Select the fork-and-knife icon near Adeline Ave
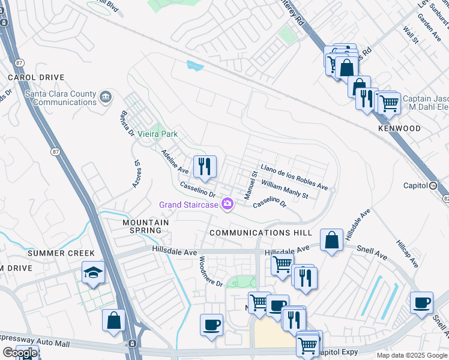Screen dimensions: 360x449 pyautogui.click(x=205, y=166)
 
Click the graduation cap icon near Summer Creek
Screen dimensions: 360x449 pyautogui.click(x=93, y=274)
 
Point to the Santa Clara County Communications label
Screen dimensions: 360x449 pyautogui.click(x=60, y=98)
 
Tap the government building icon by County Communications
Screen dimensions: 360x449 pyautogui.click(x=106, y=96)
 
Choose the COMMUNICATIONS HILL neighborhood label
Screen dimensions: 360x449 pyautogui.click(x=261, y=233)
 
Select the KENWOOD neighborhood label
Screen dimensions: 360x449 pyautogui.click(x=399, y=129)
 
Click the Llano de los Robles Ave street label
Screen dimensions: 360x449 pyautogui.click(x=294, y=177)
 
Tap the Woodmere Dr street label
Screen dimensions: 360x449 pyautogui.click(x=211, y=271)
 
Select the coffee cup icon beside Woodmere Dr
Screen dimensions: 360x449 pyautogui.click(x=211, y=326)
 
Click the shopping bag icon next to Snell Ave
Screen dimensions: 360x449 pyautogui.click(x=331, y=241)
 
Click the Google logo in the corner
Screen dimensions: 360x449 pyautogui.click(x=20, y=353)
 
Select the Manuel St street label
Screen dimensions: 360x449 pyautogui.click(x=250, y=186)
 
